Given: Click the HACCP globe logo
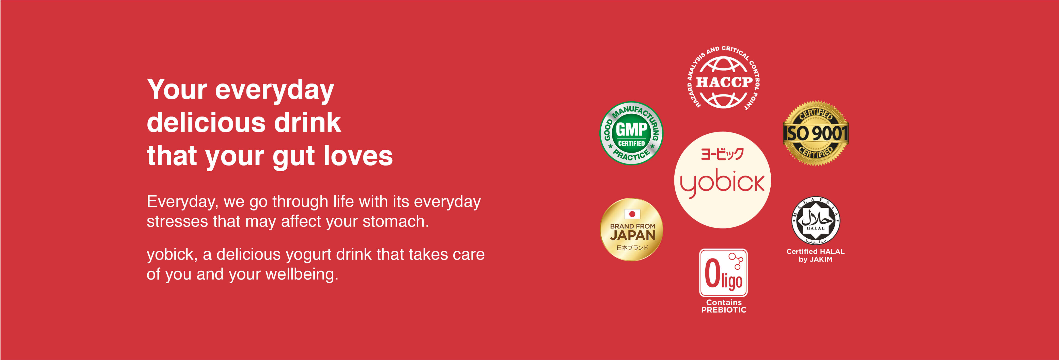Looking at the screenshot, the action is [724, 78].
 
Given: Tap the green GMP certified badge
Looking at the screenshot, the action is [631, 133].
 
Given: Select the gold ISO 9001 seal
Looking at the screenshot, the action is [816, 133].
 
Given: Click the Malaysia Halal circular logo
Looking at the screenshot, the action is [816, 220].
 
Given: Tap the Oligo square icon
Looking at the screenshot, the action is [724, 272].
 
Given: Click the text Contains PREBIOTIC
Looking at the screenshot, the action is [724, 306].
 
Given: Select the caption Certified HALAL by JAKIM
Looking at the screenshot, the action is [816, 255].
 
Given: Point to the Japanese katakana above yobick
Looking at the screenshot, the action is [722, 154].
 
